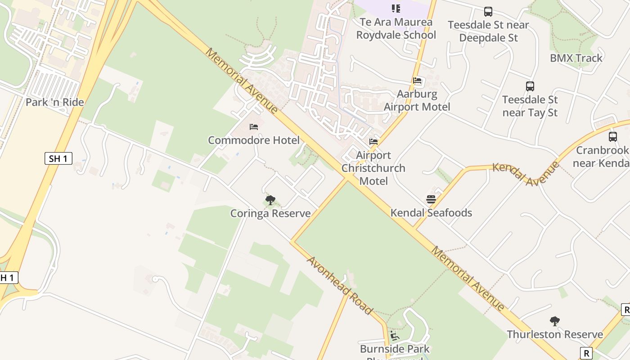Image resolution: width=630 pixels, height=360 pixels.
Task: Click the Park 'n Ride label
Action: pos(54,102)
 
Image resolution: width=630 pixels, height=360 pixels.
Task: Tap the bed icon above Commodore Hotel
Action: pos(254,127)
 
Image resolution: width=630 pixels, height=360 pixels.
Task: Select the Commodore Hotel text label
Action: pos(253,140)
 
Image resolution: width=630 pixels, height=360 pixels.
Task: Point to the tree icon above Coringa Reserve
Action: pos(270,200)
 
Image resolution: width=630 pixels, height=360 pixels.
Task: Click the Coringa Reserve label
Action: pos(270,213)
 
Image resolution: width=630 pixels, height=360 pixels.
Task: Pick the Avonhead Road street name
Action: pos(340,285)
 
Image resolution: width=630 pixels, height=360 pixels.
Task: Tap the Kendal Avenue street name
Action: pos(526,172)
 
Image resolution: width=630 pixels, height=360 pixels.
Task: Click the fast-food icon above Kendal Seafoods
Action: pos(431,199)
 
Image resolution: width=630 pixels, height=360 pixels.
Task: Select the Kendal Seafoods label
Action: pos(431,213)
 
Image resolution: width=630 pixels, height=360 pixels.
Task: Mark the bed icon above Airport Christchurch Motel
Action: pos(373,142)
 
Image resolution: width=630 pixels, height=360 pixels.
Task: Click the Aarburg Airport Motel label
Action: pos(417,100)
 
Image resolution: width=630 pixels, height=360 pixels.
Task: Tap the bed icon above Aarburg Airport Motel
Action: pos(417,81)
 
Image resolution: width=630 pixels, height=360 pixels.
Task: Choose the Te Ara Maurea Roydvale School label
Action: pos(396,28)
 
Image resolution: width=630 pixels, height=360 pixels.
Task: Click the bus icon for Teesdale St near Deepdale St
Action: pos(488,12)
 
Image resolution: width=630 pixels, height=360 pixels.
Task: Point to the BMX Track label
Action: pos(576,58)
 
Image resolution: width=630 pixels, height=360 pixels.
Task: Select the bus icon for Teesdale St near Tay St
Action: pos(530,86)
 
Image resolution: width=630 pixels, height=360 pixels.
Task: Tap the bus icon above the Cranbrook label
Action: pos(613,137)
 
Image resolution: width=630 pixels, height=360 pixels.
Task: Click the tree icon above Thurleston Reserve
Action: pos(555,321)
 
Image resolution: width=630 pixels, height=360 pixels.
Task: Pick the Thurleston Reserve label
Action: pos(555,334)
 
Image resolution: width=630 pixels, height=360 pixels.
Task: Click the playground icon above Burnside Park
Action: pos(395,336)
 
